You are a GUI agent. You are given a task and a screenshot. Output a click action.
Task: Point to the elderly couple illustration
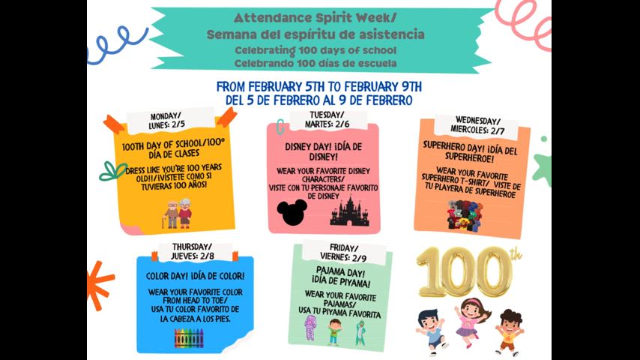pos(178,214)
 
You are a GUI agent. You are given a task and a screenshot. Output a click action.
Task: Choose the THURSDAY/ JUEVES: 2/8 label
pos(192,251)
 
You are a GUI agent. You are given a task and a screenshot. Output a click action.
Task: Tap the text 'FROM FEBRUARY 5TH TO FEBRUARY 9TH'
pos(319,85)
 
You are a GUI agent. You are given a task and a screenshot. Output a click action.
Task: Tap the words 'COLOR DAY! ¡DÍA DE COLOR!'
pos(195,275)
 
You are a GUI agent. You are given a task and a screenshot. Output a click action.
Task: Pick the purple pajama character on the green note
pos(310,328)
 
